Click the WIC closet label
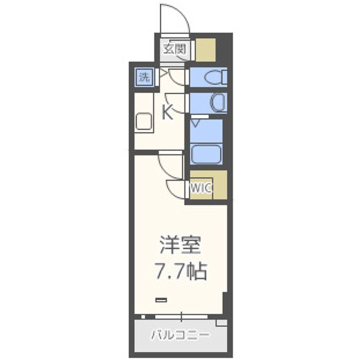pyautogui.click(x=202, y=188)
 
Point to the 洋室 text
pyautogui.click(x=180, y=246)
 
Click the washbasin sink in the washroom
pyautogui.click(x=218, y=103)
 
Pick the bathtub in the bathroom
pyautogui.click(x=206, y=153)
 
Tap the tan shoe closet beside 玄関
pyautogui.click(x=205, y=49)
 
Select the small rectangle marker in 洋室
pyautogui.click(x=161, y=299)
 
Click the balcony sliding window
pyautogui.click(x=181, y=316)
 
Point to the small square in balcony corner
pyautogui.click(x=220, y=323)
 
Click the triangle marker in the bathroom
pyautogui.click(x=196, y=122)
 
